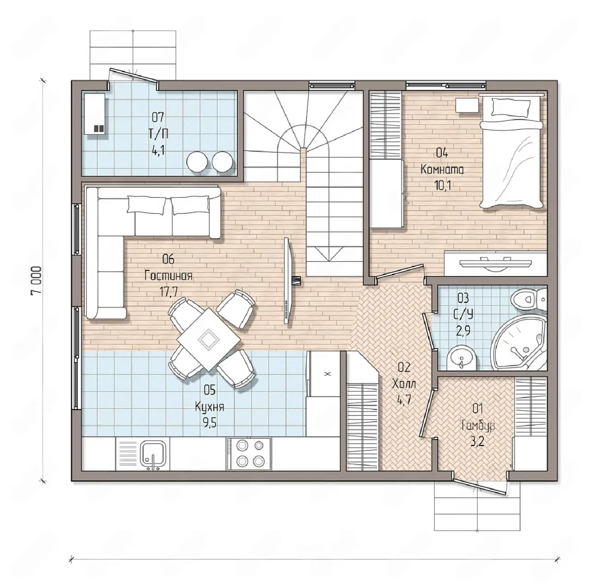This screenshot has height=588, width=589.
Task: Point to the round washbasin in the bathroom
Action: pyautogui.click(x=461, y=361)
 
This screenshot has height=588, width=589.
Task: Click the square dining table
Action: pyautogui.click(x=208, y=339)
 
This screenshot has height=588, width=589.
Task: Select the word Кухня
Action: pyautogui.click(x=209, y=408)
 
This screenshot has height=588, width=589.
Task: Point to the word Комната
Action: pyautogui.click(x=442, y=169)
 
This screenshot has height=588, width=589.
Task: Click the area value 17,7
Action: pyautogui.click(x=168, y=292)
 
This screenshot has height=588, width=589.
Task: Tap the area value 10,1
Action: pyautogui.click(x=442, y=186)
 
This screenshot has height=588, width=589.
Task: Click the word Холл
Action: pyautogui.click(x=404, y=384)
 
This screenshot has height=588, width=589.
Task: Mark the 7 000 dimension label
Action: pyautogui.click(x=36, y=280)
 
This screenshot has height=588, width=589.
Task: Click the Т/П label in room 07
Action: pyautogui.click(x=158, y=134)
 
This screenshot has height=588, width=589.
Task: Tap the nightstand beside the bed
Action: pyautogui.click(x=467, y=106)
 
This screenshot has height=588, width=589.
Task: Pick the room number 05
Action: pyautogui.click(x=209, y=390)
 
